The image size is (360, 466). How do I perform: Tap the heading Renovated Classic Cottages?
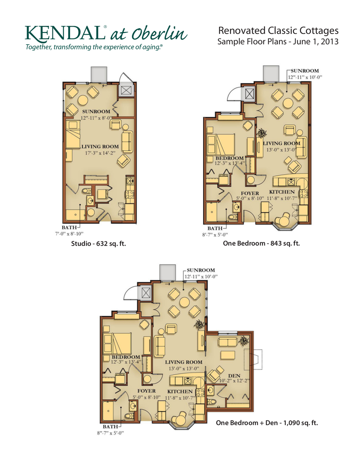278,31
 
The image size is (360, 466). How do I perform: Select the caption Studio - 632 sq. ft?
98,244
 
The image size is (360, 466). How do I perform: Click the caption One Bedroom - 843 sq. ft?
261,243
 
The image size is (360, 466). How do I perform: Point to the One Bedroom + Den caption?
267,423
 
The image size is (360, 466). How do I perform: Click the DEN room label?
234,376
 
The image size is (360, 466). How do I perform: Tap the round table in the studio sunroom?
83,100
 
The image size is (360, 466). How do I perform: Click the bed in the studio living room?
73,135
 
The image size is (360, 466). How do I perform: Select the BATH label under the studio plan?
69,228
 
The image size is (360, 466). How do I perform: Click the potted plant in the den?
244,340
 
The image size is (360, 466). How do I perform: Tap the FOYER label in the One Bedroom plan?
250,193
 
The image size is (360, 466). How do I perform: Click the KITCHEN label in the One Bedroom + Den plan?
180,391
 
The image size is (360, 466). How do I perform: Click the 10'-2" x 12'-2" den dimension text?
234,381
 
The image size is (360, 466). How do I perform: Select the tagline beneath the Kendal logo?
94,47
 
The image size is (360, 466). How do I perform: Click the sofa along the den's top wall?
228,342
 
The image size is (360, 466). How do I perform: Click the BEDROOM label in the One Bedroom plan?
229,158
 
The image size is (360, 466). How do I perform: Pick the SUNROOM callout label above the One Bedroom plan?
305,71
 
